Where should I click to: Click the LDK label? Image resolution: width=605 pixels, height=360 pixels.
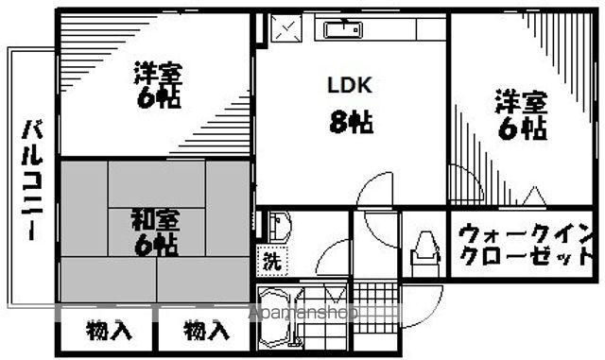350,85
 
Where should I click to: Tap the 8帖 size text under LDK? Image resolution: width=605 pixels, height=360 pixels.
351,122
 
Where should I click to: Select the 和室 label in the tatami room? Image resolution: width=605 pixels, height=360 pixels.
156,219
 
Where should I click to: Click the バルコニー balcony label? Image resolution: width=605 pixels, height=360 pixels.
32,180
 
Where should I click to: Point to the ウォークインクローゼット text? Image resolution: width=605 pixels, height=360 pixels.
526,245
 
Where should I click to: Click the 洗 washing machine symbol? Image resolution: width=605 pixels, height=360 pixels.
272,261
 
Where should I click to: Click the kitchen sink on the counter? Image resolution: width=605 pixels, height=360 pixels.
342,29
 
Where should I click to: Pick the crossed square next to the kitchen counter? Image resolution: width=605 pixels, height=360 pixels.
285,27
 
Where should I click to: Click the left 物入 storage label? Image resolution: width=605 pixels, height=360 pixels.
109,331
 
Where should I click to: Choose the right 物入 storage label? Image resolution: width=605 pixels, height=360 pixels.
206,331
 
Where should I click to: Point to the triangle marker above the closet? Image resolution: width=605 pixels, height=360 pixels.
534,196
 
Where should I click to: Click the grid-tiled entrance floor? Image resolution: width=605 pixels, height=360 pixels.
375,308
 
